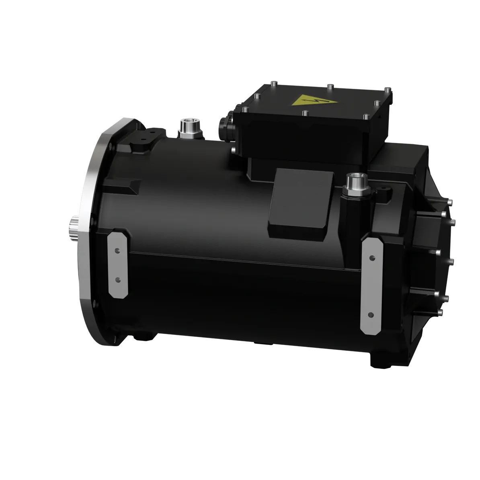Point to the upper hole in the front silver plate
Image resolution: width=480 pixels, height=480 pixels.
click(x=117, y=250)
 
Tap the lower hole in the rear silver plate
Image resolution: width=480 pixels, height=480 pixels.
click(x=371, y=314)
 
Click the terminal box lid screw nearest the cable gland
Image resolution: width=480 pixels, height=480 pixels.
click(x=256, y=96)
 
